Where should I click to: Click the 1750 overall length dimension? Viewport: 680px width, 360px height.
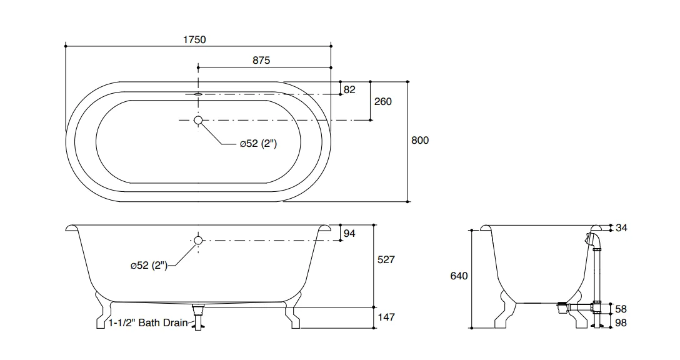click(194, 39)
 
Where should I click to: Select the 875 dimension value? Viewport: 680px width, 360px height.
click(261, 60)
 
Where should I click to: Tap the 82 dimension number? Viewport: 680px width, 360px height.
click(349, 89)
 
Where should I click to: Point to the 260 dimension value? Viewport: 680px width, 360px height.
click(383, 101)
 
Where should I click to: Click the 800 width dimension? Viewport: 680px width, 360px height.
click(420, 140)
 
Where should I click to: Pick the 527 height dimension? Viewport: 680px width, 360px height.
click(386, 259)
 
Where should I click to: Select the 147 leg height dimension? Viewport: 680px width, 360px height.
click(386, 317)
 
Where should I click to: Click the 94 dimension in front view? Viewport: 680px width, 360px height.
click(349, 233)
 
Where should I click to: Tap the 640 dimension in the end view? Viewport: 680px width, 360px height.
click(459, 276)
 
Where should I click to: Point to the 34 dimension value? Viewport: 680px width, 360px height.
click(621, 227)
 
